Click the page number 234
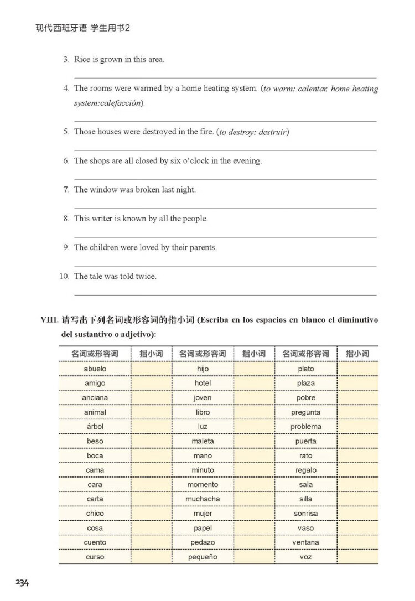pos(22,583)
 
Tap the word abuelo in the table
pos(95,369)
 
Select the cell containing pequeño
pos(203,557)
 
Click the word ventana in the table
pos(305,542)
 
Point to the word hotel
pos(203,383)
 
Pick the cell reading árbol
pos(95,427)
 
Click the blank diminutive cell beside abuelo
pos(151,369)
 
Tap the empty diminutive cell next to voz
pos(357,557)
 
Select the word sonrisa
pos(305,514)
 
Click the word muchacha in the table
pos(203,499)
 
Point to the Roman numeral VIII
pos(50,320)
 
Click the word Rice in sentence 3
pos(82,60)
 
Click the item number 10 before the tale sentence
pos(64,276)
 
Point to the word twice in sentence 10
pos(146,276)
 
